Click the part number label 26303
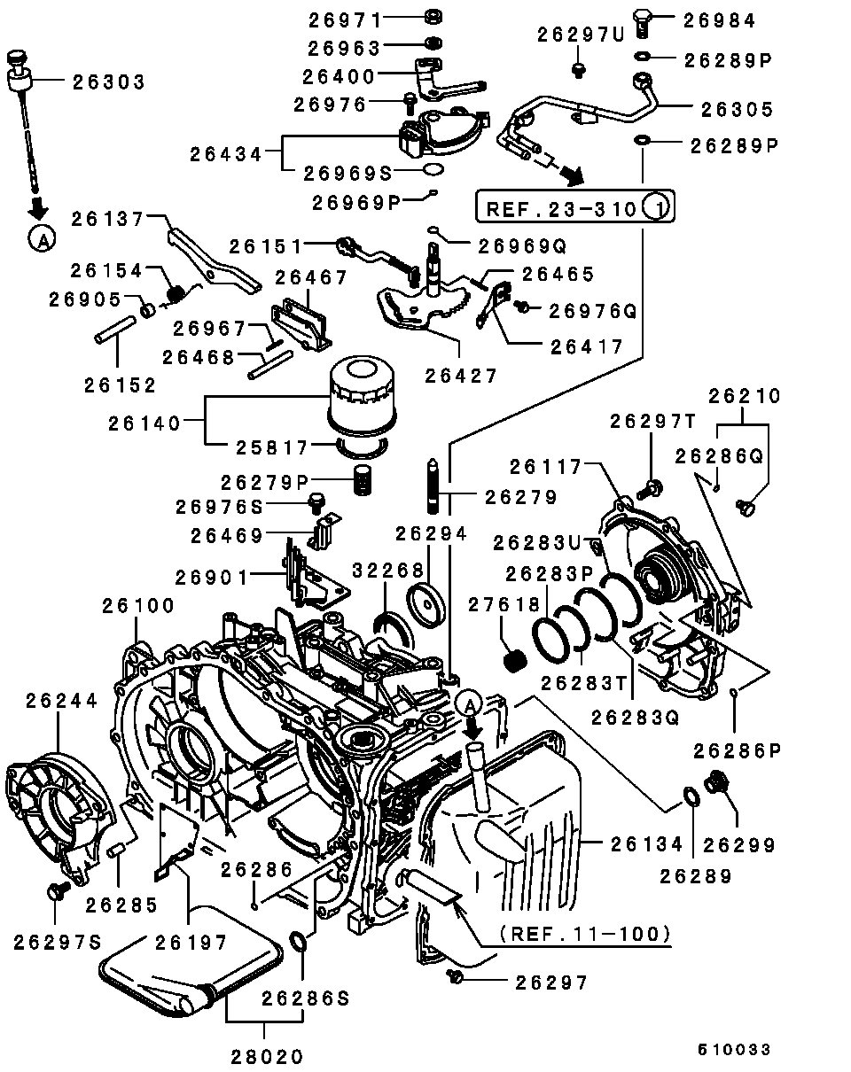pyautogui.click(x=109, y=82)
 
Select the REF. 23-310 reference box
pyautogui.click(x=575, y=206)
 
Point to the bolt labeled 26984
pyautogui.click(x=642, y=22)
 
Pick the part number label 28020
pyautogui.click(x=267, y=1056)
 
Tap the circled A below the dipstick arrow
pyautogui.click(x=42, y=238)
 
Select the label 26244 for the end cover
pyautogui.click(x=62, y=701)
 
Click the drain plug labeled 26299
pyautogui.click(x=717, y=782)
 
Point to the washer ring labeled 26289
pyautogui.click(x=691, y=796)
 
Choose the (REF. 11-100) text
pyautogui.click(x=586, y=933)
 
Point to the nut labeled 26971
pyautogui.click(x=433, y=17)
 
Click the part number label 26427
pyautogui.click(x=461, y=376)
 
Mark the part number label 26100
pyautogui.click(x=138, y=605)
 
